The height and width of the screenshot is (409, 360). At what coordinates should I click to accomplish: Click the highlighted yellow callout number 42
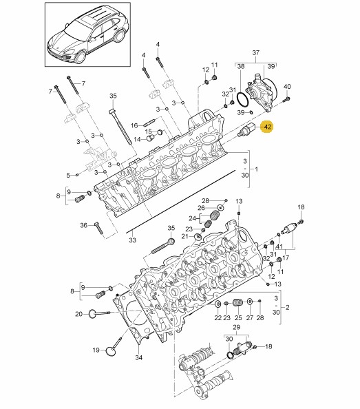[x=268, y=127]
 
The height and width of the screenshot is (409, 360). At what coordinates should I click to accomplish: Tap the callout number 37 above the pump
[x=256, y=53]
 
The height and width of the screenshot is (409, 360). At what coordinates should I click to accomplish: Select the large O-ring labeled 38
[x=243, y=100]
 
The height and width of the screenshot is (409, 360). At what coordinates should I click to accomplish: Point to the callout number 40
[x=287, y=86]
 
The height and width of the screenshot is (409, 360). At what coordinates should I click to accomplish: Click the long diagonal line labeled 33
[x=180, y=201]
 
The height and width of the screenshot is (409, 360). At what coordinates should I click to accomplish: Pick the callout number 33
[x=132, y=240]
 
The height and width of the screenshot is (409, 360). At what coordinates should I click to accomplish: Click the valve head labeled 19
[x=111, y=351]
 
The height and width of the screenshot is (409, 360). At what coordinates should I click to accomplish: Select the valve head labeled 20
[x=92, y=313]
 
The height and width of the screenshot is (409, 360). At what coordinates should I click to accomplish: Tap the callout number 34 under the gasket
[x=138, y=357]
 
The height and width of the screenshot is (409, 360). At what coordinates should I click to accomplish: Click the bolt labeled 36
[x=99, y=228]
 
